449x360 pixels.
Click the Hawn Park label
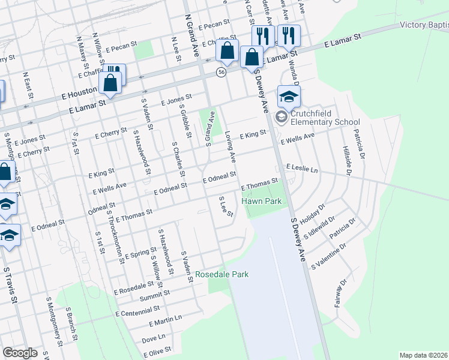[x=262, y=202]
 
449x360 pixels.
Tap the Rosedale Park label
[x=221, y=275]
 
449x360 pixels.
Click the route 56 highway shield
[x=221, y=71]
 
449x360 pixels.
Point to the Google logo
[x=20, y=353]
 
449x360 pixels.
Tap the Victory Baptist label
[x=424, y=25]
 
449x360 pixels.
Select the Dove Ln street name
[x=154, y=339]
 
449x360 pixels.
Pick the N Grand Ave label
[x=191, y=32]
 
